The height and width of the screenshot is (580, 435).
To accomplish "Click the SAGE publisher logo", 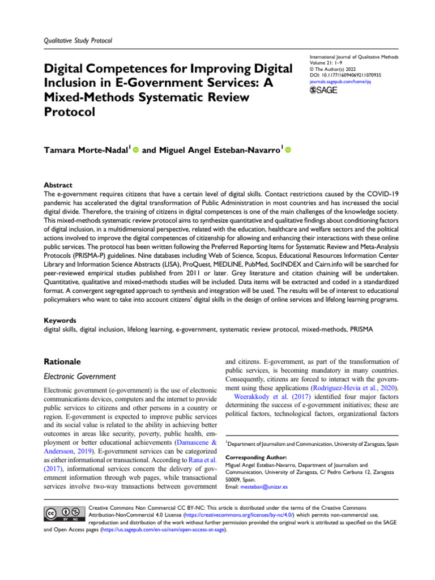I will pos(325,91).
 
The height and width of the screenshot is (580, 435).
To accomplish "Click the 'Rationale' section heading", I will pos(63,360).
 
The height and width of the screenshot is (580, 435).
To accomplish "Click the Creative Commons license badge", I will pos(63,513).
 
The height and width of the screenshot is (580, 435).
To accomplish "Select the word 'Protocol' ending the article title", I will pos(68,112).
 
